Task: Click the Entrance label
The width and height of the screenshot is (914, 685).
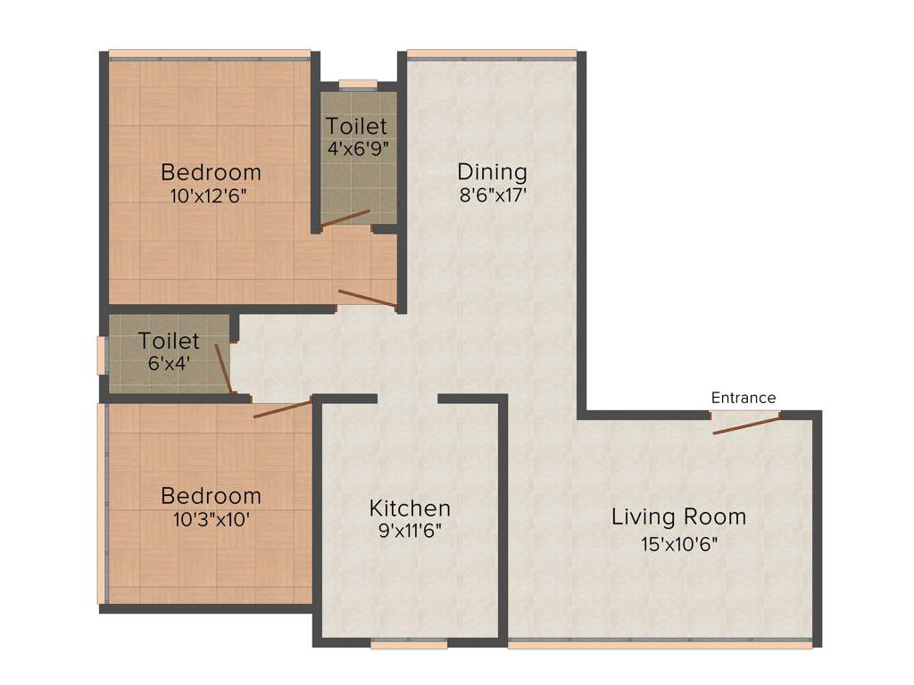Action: (744, 398)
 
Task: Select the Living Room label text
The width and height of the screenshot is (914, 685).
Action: (678, 516)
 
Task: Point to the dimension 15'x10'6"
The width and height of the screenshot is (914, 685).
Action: (678, 543)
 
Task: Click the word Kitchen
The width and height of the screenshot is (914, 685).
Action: (410, 508)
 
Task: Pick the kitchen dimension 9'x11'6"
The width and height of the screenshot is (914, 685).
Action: (410, 532)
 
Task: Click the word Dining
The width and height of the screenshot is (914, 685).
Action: (492, 171)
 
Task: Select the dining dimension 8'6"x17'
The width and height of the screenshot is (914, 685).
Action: (492, 195)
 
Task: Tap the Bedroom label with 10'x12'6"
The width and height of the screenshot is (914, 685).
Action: (211, 172)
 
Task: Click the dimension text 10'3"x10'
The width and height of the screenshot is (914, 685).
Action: (211, 519)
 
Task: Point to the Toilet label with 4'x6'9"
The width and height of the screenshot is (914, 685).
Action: (356, 126)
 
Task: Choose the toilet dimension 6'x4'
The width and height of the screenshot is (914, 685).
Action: (169, 364)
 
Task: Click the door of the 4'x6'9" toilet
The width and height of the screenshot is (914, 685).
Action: (345, 219)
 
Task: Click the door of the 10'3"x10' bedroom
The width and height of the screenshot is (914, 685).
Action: (282, 409)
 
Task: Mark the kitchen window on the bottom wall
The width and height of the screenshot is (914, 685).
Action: (409, 643)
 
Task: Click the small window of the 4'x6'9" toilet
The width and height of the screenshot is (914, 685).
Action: (358, 85)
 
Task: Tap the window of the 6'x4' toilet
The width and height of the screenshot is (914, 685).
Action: (102, 353)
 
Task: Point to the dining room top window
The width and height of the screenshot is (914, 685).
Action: (492, 54)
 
